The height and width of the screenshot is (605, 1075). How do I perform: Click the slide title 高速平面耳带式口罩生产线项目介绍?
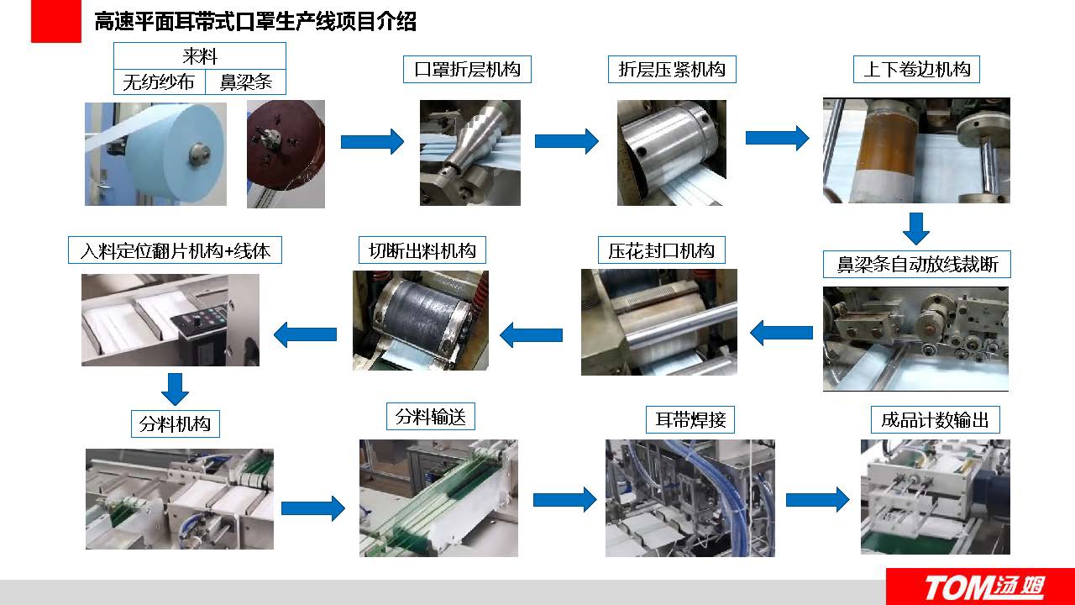click(x=255, y=22)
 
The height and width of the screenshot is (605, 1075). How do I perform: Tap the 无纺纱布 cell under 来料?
click(x=159, y=82)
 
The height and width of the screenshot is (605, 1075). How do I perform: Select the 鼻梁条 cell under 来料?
click(x=245, y=82)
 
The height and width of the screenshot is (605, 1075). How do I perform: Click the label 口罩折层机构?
click(x=467, y=69)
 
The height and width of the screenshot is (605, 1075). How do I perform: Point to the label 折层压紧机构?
click(x=672, y=69)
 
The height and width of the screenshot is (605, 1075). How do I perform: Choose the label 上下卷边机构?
click(x=916, y=69)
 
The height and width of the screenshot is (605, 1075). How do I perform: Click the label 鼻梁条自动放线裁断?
click(x=916, y=265)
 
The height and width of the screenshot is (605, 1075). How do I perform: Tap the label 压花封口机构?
click(x=661, y=250)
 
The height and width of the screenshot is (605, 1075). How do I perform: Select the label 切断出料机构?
click(x=422, y=250)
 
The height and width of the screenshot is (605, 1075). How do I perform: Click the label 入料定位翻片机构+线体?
click(x=175, y=250)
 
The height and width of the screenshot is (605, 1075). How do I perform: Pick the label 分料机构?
click(x=175, y=423)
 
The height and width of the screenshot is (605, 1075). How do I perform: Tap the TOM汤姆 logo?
click(x=981, y=587)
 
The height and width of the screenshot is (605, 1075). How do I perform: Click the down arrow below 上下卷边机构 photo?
click(x=916, y=228)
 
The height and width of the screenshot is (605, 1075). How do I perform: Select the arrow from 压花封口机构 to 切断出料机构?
click(x=531, y=335)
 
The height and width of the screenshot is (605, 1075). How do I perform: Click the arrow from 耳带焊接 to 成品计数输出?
click(x=817, y=500)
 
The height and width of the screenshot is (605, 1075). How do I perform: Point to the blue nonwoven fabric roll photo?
click(x=155, y=154)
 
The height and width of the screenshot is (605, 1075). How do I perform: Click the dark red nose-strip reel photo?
click(x=286, y=154)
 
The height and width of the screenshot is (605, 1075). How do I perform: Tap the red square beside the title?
click(x=55, y=21)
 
